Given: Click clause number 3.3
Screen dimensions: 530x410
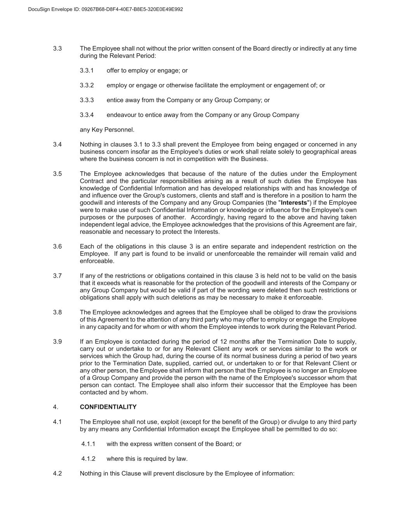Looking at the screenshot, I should [x=58, y=49].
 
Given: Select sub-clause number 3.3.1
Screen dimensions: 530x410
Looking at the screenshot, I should [x=87, y=71].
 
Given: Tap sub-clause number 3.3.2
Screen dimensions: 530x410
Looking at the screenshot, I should [x=87, y=85].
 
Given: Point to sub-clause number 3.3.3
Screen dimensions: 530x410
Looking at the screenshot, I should [x=87, y=100].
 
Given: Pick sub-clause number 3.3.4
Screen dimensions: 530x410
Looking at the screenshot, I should [x=87, y=115].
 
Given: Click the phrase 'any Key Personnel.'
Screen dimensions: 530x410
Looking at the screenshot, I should [x=107, y=130].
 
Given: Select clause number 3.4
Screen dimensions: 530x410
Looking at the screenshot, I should [x=58, y=144].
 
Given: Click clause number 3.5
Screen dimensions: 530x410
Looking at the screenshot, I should [x=58, y=174].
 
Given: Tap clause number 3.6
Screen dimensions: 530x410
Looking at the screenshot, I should [x=58, y=247].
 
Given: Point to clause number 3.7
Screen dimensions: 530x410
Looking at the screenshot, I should [x=58, y=276].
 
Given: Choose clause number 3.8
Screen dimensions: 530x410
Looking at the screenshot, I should [x=58, y=312].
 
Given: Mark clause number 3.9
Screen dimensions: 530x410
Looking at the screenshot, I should [x=58, y=342].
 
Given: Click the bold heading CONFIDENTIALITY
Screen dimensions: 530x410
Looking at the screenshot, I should [x=108, y=407].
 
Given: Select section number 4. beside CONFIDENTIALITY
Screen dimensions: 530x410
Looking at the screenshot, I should [x=56, y=407].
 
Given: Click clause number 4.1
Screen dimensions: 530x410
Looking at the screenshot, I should [x=58, y=422].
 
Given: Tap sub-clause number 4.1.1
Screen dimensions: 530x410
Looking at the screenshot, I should [x=88, y=444].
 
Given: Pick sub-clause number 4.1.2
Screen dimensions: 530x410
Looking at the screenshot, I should [x=88, y=459].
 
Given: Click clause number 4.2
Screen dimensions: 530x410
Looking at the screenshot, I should [x=58, y=473].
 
